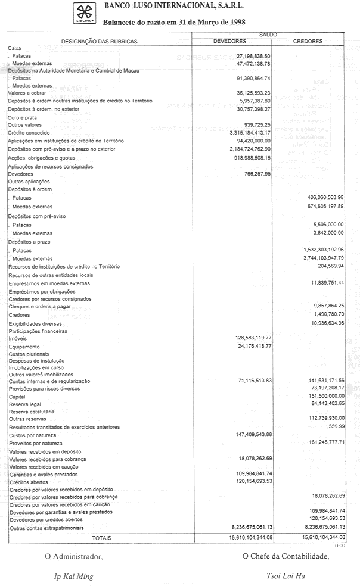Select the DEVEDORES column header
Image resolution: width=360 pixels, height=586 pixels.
(x=229, y=42)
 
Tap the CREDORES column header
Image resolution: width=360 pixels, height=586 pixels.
(x=308, y=42)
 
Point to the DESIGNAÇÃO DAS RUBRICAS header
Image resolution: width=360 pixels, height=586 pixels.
(x=100, y=42)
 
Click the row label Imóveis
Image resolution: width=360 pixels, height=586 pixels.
(x=17, y=338)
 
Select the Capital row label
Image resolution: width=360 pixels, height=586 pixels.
(x=17, y=395)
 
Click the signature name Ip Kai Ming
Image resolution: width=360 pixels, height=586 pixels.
(x=74, y=576)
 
